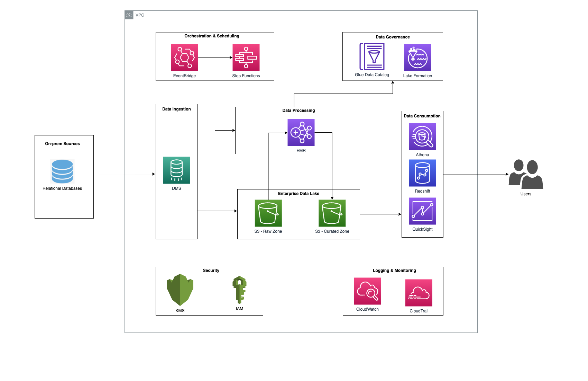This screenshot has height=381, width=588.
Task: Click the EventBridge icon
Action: point(184,57)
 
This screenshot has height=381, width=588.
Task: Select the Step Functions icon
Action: point(246,57)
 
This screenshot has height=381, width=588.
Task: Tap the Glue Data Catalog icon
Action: point(372,56)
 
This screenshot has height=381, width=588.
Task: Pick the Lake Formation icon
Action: point(417,57)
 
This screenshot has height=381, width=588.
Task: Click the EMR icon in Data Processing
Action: point(301,132)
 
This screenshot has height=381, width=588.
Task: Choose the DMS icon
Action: point(176,170)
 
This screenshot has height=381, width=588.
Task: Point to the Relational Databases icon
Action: point(62,171)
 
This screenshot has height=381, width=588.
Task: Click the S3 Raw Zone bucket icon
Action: point(268,213)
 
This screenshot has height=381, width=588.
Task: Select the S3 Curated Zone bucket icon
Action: point(332,213)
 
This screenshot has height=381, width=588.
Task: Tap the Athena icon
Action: point(422,136)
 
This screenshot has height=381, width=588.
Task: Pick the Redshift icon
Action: point(422,173)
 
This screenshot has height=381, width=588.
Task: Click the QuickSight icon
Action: point(422,211)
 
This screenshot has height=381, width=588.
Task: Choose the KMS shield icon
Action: point(180,290)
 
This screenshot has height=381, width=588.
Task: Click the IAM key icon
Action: point(239,290)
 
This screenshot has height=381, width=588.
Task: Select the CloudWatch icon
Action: point(367,291)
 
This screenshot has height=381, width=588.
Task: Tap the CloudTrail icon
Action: point(419,293)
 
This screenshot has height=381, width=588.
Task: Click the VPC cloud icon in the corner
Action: point(129,15)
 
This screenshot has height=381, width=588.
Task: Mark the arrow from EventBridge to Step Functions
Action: point(215,57)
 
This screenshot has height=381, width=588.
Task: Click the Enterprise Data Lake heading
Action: point(298,194)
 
